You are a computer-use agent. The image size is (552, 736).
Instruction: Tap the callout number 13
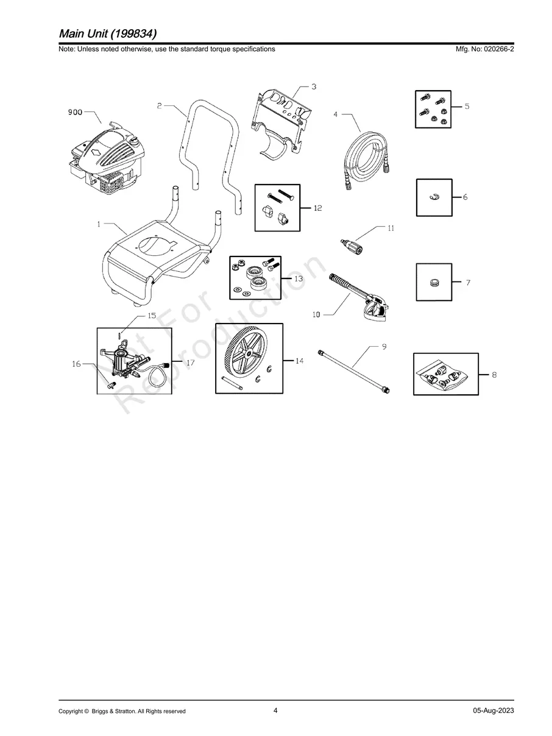298,278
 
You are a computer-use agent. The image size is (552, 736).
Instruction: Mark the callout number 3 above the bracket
313,87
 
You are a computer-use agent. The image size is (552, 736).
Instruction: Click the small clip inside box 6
434,196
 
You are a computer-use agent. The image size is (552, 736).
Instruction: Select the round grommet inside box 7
434,282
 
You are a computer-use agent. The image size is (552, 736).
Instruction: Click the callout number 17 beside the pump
190,363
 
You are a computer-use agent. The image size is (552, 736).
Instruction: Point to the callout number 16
76,364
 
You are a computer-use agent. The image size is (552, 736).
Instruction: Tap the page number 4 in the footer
275,710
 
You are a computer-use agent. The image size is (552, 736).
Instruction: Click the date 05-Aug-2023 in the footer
493,711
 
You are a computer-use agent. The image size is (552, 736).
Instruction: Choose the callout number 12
317,208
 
